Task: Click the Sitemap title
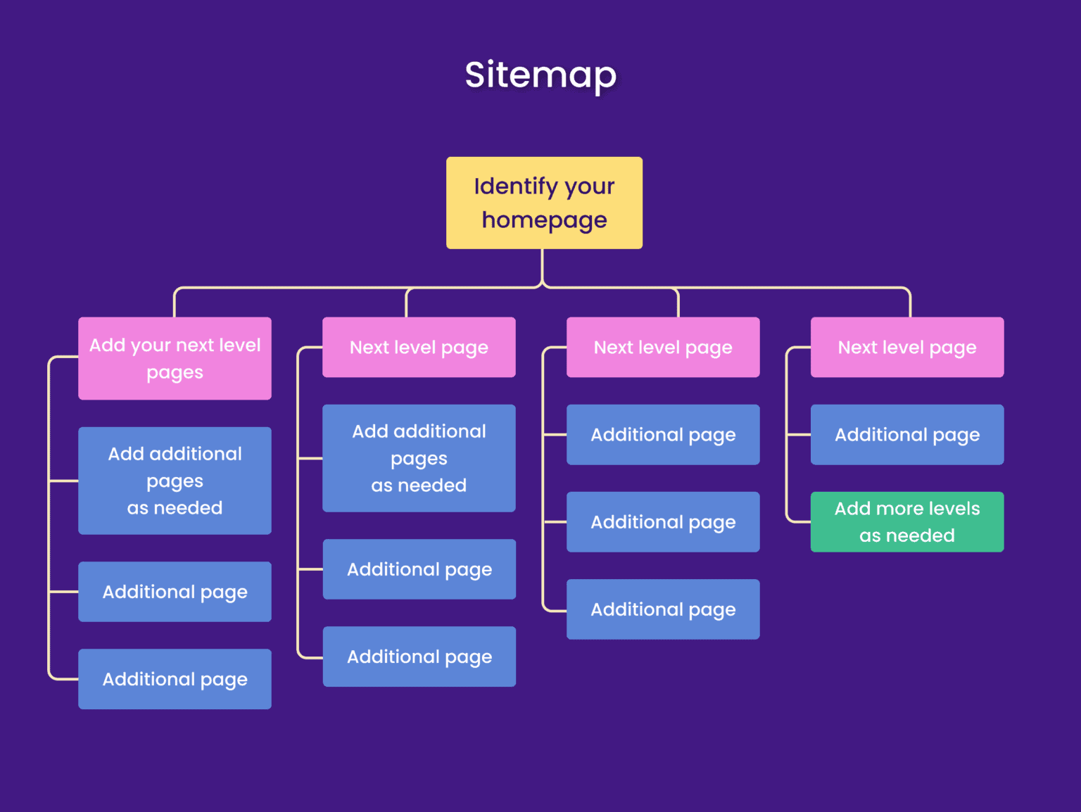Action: pyautogui.click(x=540, y=75)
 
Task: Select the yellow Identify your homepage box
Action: pyautogui.click(x=544, y=203)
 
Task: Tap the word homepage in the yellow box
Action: pyautogui.click(x=544, y=220)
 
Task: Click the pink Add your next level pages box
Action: pyautogui.click(x=175, y=358)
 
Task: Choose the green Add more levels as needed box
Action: pyautogui.click(x=906, y=521)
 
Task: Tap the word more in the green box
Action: pyautogui.click(x=899, y=509)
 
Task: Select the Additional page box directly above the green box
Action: pyautogui.click(x=906, y=435)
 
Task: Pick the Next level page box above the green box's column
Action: pyautogui.click(x=906, y=348)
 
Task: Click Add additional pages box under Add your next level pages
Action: pyautogui.click(x=175, y=481)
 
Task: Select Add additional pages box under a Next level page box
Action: pyautogui.click(x=419, y=458)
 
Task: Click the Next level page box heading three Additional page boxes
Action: pyautogui.click(x=663, y=348)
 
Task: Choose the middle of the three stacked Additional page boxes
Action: pyautogui.click(x=663, y=522)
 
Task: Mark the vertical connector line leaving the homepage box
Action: pyautogui.click(x=542, y=266)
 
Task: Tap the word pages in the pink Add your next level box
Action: pyautogui.click(x=175, y=373)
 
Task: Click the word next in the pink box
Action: pyautogui.click(x=195, y=345)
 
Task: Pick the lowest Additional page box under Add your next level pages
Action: pyautogui.click(x=175, y=679)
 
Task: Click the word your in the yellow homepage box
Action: pyautogui.click(x=589, y=186)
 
